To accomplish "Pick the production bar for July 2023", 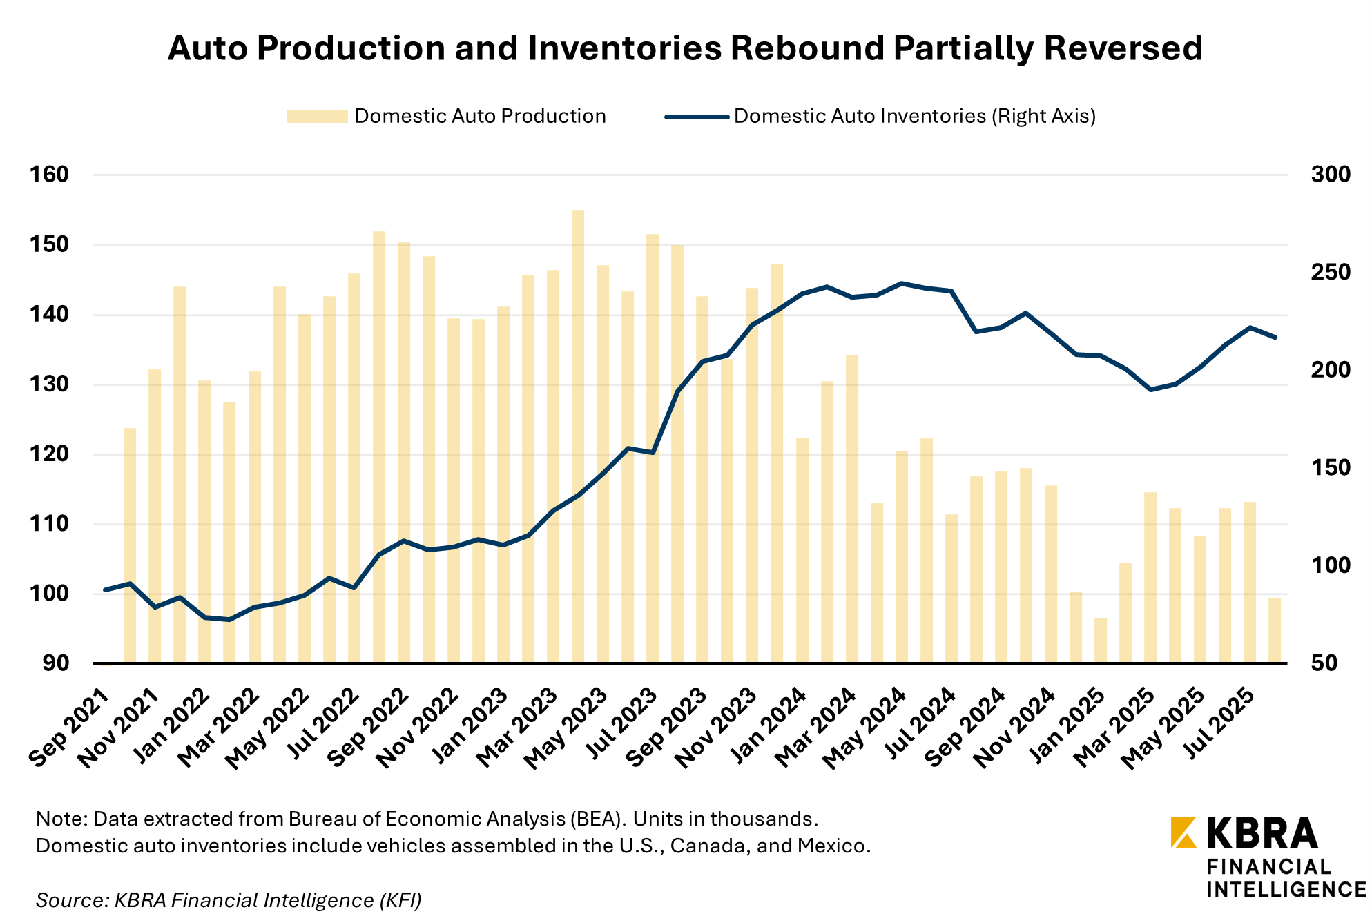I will [x=653, y=449].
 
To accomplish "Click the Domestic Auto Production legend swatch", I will [x=317, y=117].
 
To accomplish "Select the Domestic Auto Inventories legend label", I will [x=914, y=116].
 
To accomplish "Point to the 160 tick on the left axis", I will [x=49, y=175].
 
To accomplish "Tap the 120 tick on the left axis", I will [x=49, y=454].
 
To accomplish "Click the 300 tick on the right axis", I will [x=1331, y=175].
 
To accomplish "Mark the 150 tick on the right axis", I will [x=1331, y=468].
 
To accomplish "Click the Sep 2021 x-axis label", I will [x=69, y=728].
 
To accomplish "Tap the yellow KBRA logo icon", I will [x=1183, y=832].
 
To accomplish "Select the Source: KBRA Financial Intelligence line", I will [x=229, y=900].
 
